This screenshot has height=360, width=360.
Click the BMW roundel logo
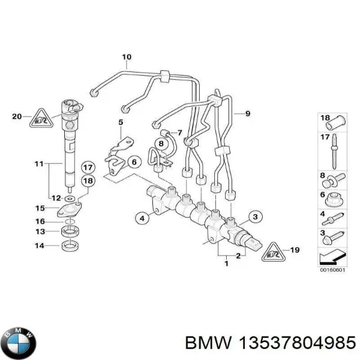(x=19, y=342)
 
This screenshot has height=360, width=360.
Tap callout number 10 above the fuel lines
(x=127, y=58)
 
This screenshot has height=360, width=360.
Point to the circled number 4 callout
(x=142, y=218)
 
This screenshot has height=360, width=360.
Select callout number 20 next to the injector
(x=16, y=116)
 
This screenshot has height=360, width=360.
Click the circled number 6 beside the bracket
(x=133, y=161)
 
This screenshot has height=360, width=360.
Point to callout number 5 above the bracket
(x=120, y=123)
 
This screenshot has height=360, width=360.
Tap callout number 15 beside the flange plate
(x=40, y=209)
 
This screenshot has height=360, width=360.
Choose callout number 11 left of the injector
(x=39, y=163)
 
